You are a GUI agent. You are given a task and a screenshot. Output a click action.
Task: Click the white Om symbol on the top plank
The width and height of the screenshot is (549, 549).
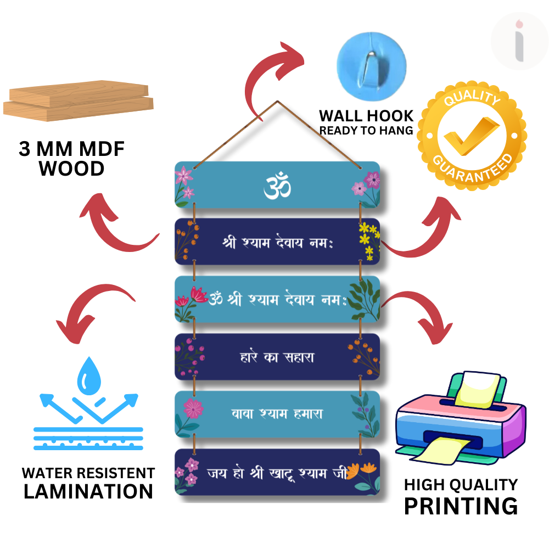277,185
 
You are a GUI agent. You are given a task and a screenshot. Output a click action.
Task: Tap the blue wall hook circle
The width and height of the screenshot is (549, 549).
372,66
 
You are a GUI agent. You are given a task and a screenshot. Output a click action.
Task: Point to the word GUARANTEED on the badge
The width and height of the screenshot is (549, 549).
473,169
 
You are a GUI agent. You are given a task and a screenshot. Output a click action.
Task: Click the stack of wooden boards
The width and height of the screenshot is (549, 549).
79,101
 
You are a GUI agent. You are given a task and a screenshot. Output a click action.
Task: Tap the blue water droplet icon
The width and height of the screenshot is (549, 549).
89,376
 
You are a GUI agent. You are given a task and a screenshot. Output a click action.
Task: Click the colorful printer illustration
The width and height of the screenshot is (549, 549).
461,418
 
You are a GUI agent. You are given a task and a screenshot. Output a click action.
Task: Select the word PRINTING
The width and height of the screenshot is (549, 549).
461,506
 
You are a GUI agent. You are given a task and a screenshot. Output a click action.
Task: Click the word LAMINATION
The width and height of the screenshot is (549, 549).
88,491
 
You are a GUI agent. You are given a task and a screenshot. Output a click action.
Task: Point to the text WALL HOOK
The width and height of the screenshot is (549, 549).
366,116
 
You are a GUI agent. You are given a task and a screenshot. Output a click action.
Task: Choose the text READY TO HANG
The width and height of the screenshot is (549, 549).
366,131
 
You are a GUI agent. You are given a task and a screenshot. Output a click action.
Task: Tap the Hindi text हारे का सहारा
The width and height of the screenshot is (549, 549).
277,357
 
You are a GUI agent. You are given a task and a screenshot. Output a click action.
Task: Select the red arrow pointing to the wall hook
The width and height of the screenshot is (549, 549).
275,81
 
